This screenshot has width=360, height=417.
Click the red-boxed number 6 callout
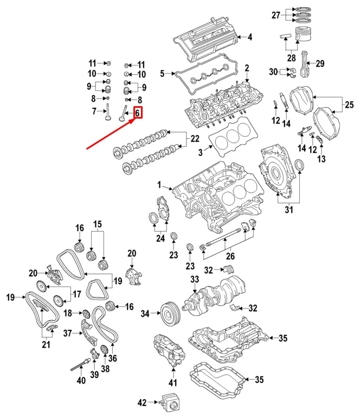pyautogui.click(x=138, y=113)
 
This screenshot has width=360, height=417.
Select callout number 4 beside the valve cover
pyautogui.click(x=249, y=37)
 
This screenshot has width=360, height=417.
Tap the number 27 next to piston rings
pyautogui.click(x=276, y=15)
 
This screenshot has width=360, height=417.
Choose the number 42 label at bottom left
pyautogui.click(x=143, y=402)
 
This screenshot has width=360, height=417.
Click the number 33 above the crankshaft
pyautogui.click(x=195, y=279)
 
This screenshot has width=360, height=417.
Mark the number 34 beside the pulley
pyautogui.click(x=145, y=314)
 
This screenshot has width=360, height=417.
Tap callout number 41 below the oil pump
pyautogui.click(x=173, y=383)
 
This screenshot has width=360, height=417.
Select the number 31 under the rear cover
pyautogui.click(x=288, y=211)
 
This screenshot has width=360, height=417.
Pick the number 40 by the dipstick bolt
pyautogui.click(x=81, y=381)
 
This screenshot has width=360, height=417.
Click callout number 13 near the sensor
pyautogui.click(x=322, y=159)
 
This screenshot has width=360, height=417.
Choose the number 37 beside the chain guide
pyautogui.click(x=67, y=333)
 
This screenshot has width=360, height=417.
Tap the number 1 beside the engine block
pyautogui.click(x=160, y=186)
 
